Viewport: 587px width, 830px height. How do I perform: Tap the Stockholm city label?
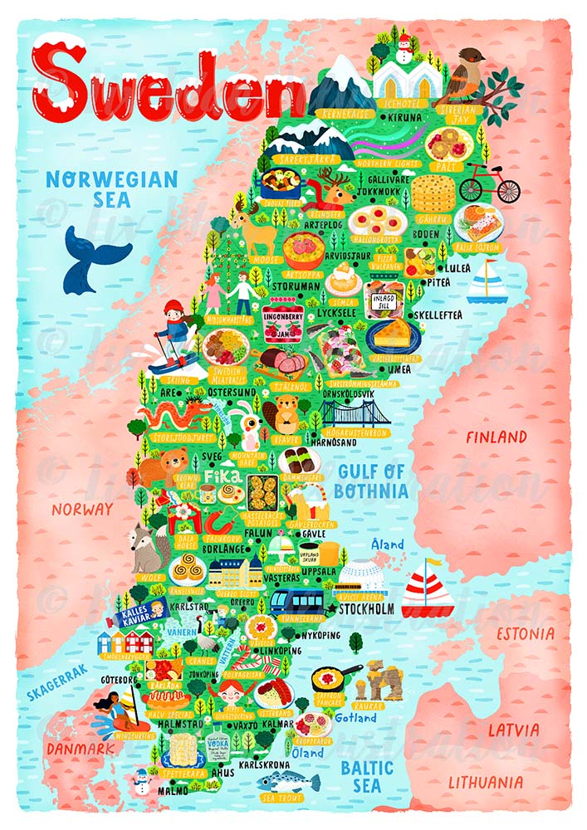click(366, 609)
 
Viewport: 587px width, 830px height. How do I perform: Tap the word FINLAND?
click(496, 437)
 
